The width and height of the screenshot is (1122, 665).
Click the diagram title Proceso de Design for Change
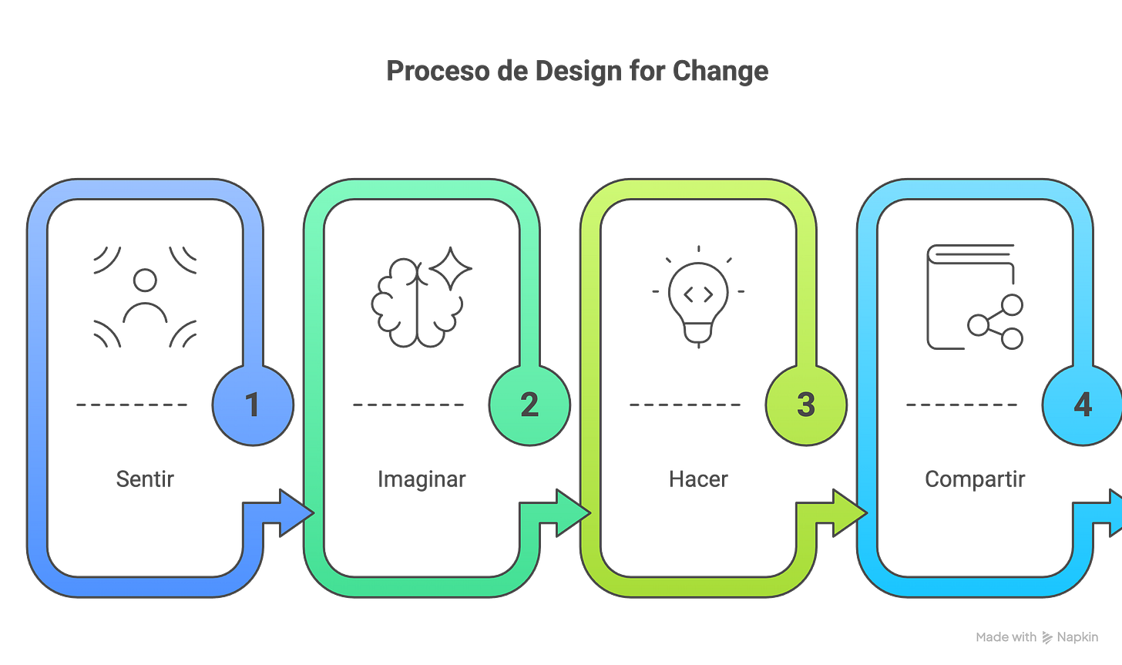coord(577,72)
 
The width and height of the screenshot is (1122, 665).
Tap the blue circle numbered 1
coord(252,405)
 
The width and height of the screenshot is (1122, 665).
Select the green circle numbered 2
coord(529,405)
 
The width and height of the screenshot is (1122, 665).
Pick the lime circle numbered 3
coord(805,405)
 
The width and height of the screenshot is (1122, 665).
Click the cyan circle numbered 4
coord(1082,405)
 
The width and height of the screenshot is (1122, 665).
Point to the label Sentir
coord(145,479)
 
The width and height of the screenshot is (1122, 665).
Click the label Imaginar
coord(422,479)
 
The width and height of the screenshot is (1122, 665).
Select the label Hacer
coord(697,479)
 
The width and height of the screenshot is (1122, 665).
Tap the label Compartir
coord(975,479)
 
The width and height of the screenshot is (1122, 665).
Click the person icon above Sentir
coord(145,297)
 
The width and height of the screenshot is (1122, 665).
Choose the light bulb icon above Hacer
coord(698,297)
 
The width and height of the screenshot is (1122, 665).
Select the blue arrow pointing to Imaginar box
coord(293,512)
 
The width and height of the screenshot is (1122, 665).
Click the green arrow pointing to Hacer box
coord(569,512)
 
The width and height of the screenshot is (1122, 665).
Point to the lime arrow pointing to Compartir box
coord(846,512)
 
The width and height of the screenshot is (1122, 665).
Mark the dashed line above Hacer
coord(685,404)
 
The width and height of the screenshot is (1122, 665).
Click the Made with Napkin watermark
coord(1036,637)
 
